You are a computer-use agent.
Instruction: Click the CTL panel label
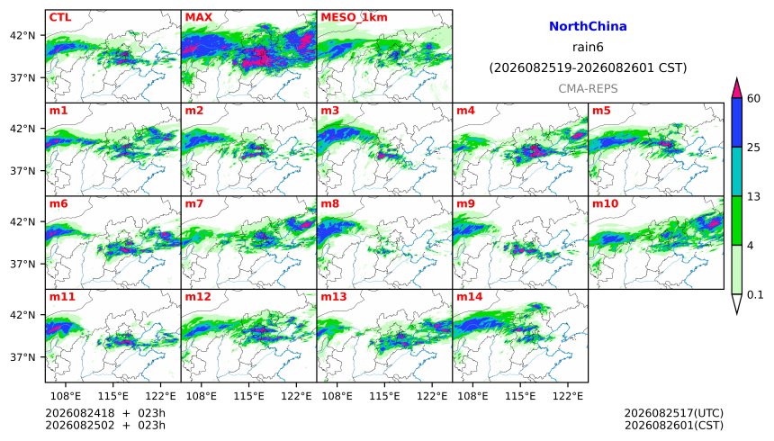coord(60,17)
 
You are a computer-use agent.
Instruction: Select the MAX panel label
coord(198,17)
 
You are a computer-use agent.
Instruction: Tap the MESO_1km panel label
coord(354,17)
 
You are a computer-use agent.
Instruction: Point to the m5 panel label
coord(601,111)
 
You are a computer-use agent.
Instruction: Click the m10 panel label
coord(605,204)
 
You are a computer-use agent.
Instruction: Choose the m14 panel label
coord(469,297)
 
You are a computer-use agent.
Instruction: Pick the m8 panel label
coord(329,204)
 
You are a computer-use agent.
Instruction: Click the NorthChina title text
coord(588,27)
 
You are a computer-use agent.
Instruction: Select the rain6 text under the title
coord(588,48)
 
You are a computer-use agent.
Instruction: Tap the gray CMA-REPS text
coord(588,89)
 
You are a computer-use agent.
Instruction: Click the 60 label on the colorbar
coord(753,98)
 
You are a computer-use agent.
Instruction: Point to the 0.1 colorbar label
coord(755,295)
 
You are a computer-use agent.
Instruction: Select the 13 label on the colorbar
coord(753,196)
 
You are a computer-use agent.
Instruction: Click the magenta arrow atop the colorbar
coord(737,88)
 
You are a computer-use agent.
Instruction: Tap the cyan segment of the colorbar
coord(737,171)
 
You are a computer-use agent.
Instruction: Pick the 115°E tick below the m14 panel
coord(520,396)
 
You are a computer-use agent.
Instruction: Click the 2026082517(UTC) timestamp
coord(674,413)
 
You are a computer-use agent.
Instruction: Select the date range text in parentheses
coord(588,67)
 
